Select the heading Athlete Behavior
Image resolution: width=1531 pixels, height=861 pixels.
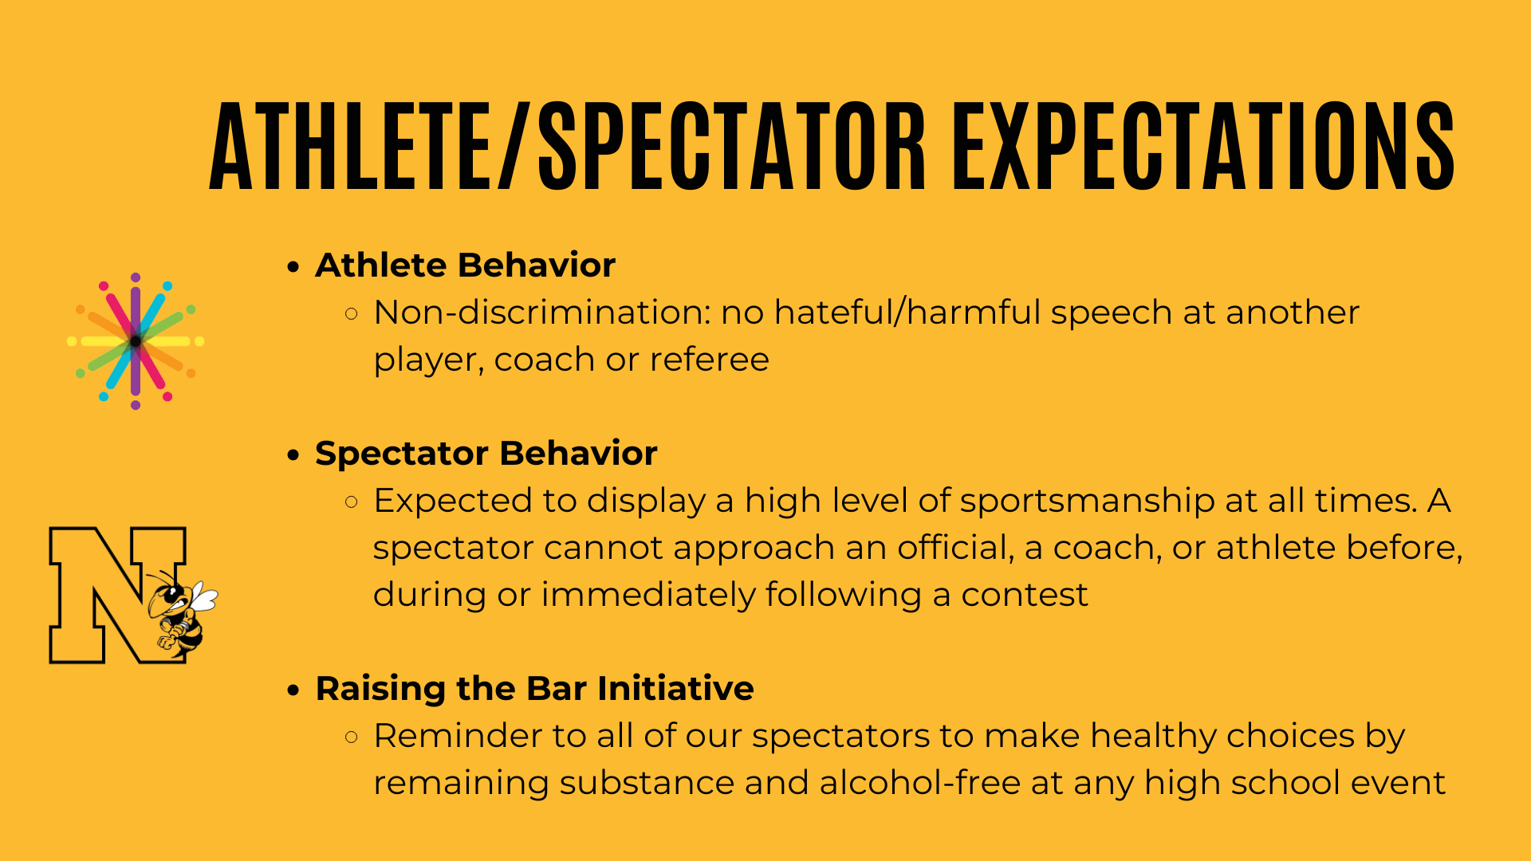[466, 265]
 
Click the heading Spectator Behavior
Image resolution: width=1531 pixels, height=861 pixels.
[486, 454]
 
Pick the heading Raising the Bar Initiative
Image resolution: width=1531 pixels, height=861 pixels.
[535, 689]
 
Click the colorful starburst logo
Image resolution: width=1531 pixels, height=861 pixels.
[136, 341]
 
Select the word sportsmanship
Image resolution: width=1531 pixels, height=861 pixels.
[1087, 501]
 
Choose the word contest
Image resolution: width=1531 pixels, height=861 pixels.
[1025, 596]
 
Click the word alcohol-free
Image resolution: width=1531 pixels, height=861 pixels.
[920, 783]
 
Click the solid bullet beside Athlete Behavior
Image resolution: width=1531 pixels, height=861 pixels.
[294, 267]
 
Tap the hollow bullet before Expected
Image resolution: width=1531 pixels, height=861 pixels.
[352, 502]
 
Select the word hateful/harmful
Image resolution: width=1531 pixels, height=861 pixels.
[907, 313]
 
